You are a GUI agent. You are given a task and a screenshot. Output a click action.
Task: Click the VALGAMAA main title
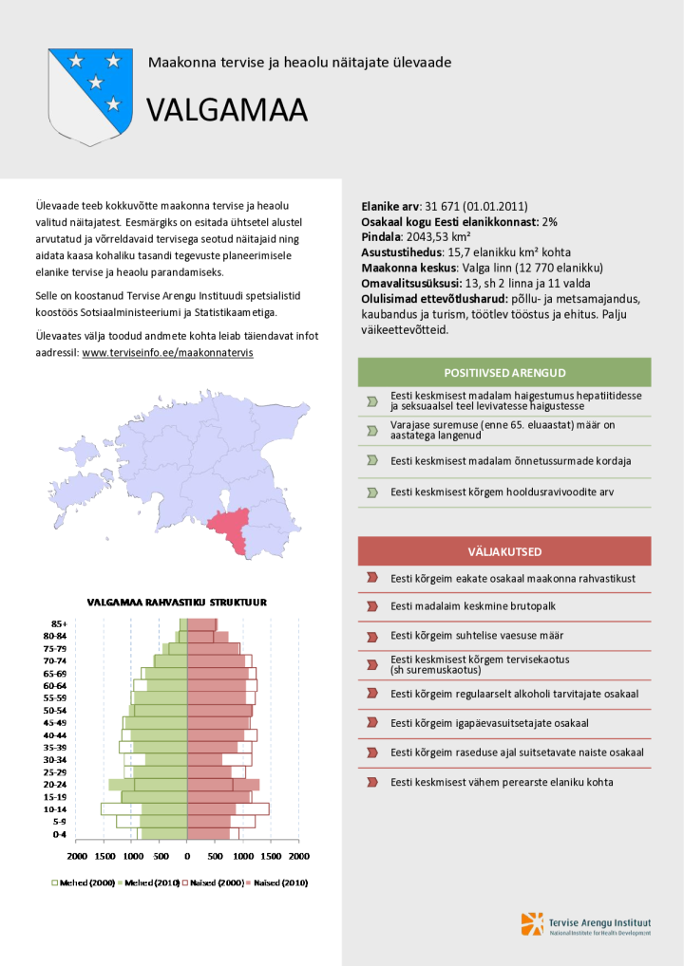pos(227,110)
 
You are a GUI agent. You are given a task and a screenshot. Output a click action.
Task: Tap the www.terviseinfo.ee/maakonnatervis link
pos(167,352)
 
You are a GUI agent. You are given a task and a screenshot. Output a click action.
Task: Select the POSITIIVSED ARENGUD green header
pos(504,371)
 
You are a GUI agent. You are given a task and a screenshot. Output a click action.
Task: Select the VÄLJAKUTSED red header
pos(504,551)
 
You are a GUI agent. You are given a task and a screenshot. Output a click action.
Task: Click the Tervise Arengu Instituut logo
pos(585,924)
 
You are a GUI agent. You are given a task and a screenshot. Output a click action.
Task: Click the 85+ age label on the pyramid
pos(59,623)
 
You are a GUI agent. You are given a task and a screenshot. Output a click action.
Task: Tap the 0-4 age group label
pos(59,834)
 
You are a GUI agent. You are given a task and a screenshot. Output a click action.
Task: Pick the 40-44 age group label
pos(55,734)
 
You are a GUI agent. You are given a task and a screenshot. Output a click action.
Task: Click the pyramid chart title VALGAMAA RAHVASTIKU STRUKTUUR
pos(178,602)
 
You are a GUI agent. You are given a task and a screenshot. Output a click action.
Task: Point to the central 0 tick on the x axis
pos(187,856)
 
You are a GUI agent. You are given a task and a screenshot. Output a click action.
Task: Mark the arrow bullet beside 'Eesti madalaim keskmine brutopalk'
pos(372,606)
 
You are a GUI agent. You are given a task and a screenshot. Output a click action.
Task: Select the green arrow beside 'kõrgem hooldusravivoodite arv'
pos(372,492)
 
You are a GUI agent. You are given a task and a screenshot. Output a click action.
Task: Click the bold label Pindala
pos(381,236)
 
